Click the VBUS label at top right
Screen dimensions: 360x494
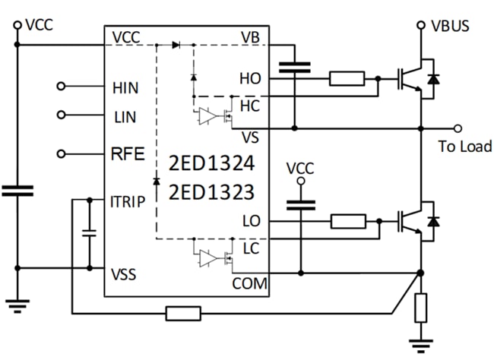(450, 26)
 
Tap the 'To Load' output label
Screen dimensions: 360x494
(465, 146)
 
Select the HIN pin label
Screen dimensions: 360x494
(125, 87)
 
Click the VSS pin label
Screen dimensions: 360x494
(124, 274)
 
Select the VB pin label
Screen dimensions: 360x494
(250, 37)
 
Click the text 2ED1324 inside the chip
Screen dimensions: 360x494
(212, 163)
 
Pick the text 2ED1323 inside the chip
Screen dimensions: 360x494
(212, 193)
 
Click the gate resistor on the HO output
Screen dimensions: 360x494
(346, 77)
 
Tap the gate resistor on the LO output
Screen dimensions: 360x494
(349, 221)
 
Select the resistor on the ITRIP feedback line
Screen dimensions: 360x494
(183, 313)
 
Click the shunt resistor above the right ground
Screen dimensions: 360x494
(420, 308)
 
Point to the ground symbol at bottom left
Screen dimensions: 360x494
(17, 305)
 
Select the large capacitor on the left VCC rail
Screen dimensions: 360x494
(17, 190)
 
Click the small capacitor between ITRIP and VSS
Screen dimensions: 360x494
(90, 233)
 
